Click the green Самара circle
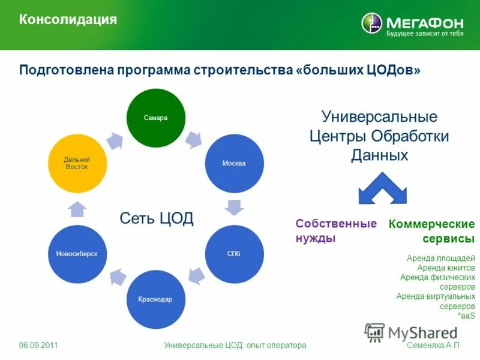(x=155, y=118)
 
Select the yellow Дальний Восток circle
(x=77, y=163)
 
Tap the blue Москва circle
(x=235, y=163)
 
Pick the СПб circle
(x=235, y=254)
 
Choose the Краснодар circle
(x=155, y=299)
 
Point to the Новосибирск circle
(x=77, y=254)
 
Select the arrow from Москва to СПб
(x=234, y=208)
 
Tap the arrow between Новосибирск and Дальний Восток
(x=77, y=209)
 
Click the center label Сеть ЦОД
(x=157, y=218)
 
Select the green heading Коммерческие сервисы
(x=431, y=231)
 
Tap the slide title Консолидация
(x=68, y=20)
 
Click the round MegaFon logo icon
(x=371, y=23)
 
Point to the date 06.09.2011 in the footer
(x=38, y=346)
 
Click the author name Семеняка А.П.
(x=434, y=346)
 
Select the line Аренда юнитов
(x=446, y=268)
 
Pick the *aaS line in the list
(x=466, y=316)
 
